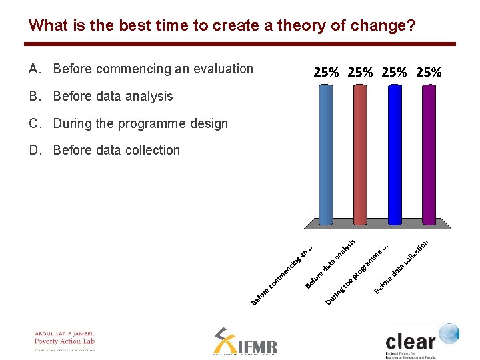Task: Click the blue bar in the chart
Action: tap(325, 157)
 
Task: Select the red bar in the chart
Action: tap(359, 157)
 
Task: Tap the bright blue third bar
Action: tap(395, 157)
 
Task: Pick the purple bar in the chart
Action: tap(429, 157)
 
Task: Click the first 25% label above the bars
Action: tap(326, 72)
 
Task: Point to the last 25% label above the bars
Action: tap(428, 72)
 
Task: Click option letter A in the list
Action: tap(34, 69)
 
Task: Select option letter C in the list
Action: tap(34, 123)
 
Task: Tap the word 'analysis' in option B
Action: tap(149, 96)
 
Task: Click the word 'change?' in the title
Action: tap(390, 26)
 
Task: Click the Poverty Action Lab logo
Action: tap(65, 341)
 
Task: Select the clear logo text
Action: tap(409, 341)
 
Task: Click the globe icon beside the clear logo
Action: tap(449, 333)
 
